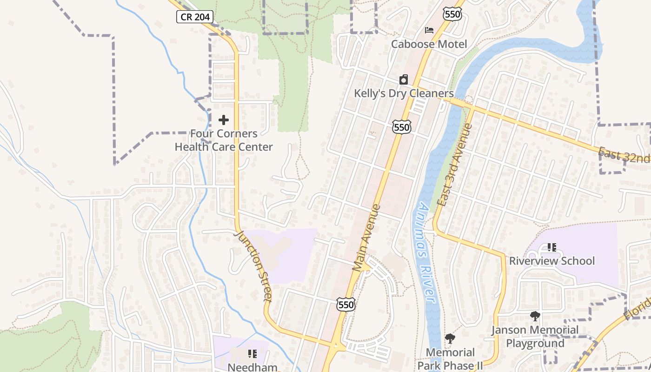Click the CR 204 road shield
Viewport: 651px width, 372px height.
[195, 17]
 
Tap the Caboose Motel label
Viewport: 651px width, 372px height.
[429, 44]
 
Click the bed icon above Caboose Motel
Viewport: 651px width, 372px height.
[429, 30]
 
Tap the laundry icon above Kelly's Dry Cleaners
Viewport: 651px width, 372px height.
[404, 80]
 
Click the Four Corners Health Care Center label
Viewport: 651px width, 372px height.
[224, 140]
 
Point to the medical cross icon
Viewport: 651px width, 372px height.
[224, 120]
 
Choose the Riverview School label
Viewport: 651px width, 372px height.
[551, 261]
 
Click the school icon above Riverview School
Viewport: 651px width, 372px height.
[551, 247]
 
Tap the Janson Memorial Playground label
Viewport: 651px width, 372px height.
[535, 337]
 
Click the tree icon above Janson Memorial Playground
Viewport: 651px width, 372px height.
[535, 316]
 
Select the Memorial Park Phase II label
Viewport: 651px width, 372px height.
[450, 359]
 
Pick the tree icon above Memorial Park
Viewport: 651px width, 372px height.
[450, 339]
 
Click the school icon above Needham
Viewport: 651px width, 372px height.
[252, 354]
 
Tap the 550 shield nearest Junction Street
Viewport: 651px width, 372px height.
[346, 305]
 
